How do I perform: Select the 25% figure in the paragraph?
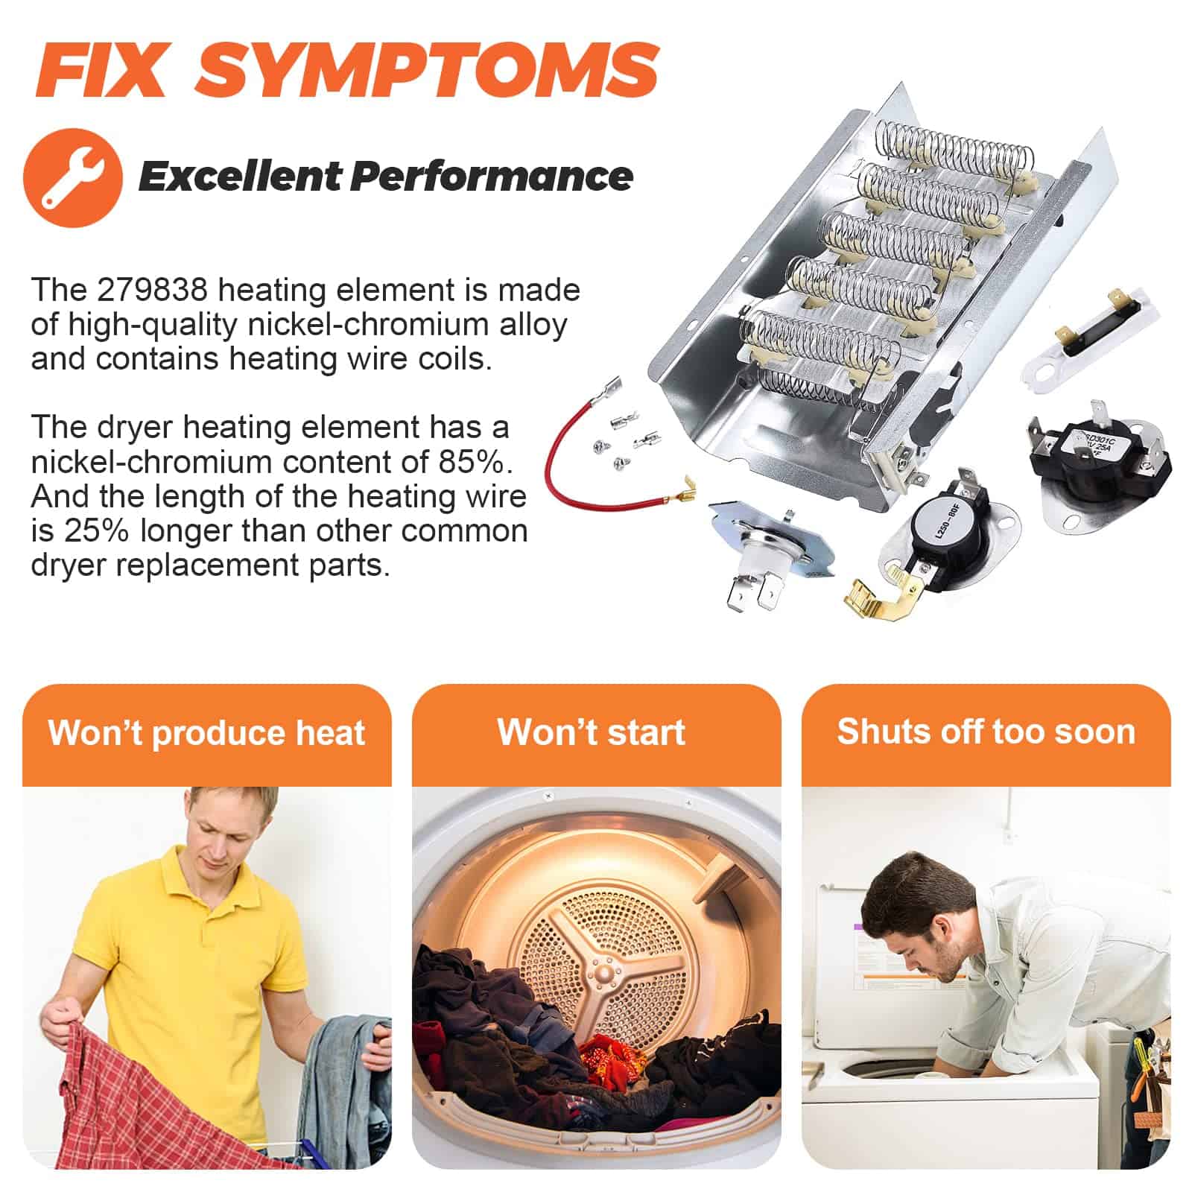tap(98, 531)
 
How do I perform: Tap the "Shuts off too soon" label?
tap(986, 732)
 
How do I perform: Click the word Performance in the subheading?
tap(492, 177)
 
